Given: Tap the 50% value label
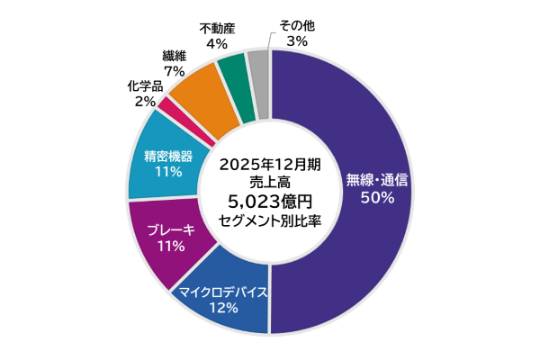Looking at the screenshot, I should pos(377,198).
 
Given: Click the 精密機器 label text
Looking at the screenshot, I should pos(168,155).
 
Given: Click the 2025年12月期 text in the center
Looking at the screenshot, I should pos(269,164).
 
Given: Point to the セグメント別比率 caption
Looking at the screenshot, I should pos(269,220).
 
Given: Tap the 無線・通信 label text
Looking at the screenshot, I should pos(377,179).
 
